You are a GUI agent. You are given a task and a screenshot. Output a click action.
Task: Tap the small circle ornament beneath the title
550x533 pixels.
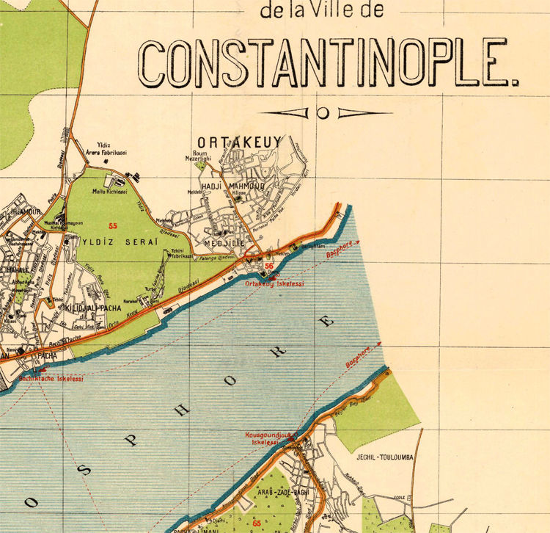[323, 113]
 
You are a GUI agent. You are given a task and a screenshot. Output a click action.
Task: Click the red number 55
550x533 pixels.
[113, 225]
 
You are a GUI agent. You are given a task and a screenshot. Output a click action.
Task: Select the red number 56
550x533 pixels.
[269, 266]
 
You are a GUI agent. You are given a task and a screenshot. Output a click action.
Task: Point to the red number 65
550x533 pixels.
[256, 523]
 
